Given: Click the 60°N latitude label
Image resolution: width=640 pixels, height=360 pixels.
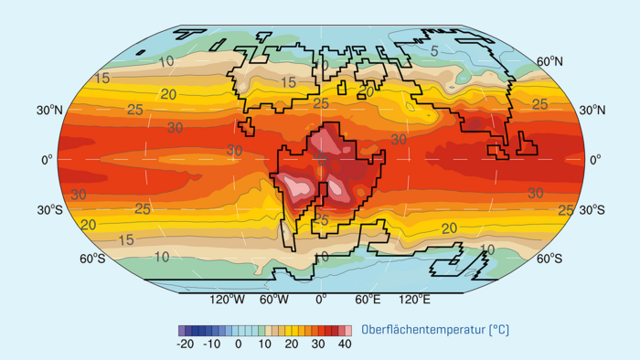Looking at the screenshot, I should click(x=549, y=61).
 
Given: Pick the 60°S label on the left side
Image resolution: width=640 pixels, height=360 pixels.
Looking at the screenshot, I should click(x=92, y=259).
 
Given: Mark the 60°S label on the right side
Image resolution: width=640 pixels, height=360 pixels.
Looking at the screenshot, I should click(x=549, y=259).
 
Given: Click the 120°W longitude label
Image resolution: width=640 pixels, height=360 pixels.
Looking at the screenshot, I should click(x=227, y=299).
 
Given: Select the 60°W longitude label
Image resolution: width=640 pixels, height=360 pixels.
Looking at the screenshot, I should click(x=274, y=299).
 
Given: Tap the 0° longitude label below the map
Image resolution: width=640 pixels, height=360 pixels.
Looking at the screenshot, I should click(x=320, y=299).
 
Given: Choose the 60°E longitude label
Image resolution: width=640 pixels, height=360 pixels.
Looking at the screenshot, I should click(x=368, y=299).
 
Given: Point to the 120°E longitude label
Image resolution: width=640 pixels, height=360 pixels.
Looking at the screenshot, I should click(x=412, y=299).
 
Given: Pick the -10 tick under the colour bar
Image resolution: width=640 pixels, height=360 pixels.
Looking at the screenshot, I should click(x=213, y=344).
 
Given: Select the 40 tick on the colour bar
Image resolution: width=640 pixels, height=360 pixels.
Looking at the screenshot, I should click(x=345, y=344).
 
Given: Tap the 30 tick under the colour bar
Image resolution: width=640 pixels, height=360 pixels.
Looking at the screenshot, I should click(x=318, y=344).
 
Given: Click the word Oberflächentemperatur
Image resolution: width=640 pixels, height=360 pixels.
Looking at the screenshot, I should click(x=421, y=329).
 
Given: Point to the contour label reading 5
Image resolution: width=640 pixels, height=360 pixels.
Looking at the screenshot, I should click(x=434, y=51).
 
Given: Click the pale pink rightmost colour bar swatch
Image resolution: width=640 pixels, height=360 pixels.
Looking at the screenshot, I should click(x=347, y=330).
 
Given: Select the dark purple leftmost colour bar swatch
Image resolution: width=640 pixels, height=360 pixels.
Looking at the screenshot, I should click(x=181, y=330).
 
